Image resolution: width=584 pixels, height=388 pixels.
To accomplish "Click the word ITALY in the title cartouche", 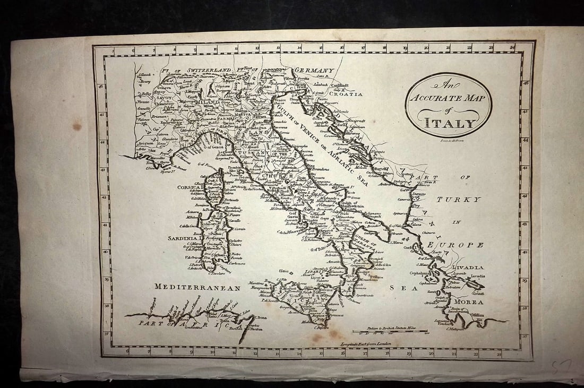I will tap(442, 124).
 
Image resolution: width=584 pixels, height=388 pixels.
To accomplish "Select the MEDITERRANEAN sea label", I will tap(197, 287).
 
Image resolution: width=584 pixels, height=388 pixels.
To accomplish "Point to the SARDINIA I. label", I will tap(183, 238).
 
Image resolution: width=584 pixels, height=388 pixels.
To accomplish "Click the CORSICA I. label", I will tap(189, 187).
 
